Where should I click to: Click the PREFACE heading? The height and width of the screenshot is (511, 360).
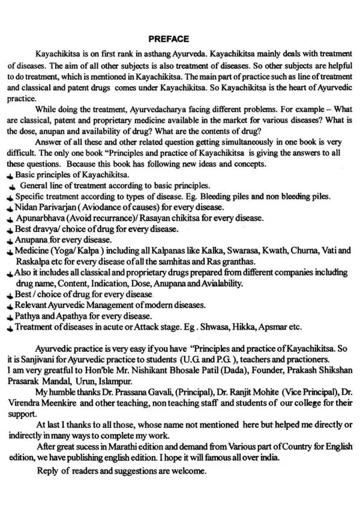point(168,39)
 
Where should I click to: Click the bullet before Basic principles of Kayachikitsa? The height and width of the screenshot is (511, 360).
point(10,176)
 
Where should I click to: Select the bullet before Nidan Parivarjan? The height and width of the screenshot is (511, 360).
point(10,208)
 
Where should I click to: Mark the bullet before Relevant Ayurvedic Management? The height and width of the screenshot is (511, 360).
point(10,306)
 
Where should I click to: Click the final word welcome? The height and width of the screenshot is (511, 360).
point(191,471)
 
